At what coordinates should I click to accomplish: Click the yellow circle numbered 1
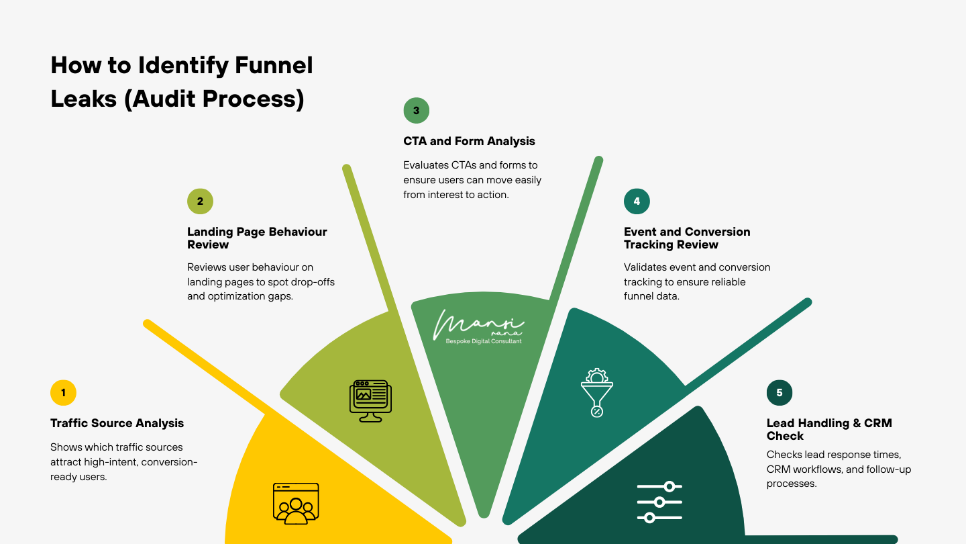pyautogui.click(x=63, y=393)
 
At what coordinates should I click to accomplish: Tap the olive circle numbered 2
pyautogui.click(x=200, y=201)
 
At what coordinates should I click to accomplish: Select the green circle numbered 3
pyautogui.click(x=416, y=111)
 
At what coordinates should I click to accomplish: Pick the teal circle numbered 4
pyautogui.click(x=637, y=201)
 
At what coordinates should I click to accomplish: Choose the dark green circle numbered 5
pyautogui.click(x=779, y=393)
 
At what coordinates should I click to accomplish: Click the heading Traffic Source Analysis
pyautogui.click(x=117, y=423)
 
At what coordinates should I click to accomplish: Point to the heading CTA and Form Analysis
pyautogui.click(x=469, y=141)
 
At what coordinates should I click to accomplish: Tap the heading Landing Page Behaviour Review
pyautogui.click(x=257, y=238)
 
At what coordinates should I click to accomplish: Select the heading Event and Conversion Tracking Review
pyautogui.click(x=687, y=238)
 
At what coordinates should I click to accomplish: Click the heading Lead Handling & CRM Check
pyautogui.click(x=829, y=429)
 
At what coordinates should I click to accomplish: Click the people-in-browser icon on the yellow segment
pyautogui.click(x=296, y=503)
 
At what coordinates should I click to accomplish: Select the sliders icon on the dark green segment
pyautogui.click(x=659, y=502)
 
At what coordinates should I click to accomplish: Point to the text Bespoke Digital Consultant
pyautogui.click(x=483, y=341)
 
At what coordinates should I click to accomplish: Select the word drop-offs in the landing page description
pyautogui.click(x=308, y=281)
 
